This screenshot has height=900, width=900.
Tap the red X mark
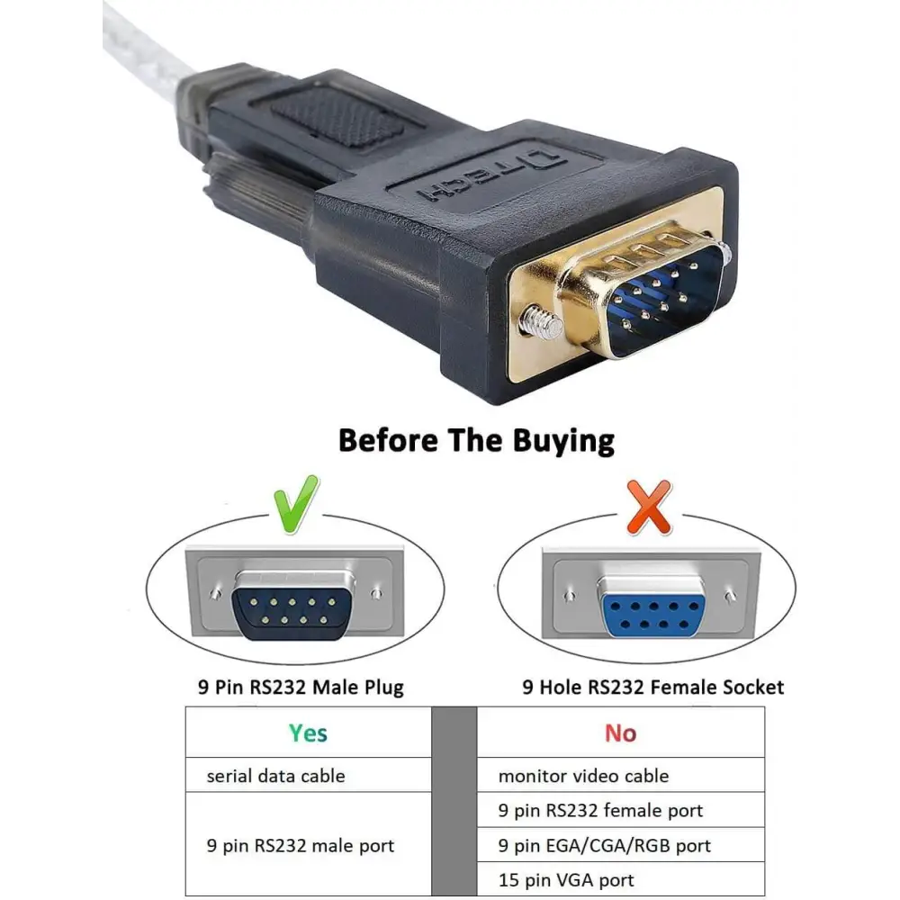tap(649, 508)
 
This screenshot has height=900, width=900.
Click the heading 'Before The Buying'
tap(476, 441)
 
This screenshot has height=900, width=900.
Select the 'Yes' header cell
tap(308, 733)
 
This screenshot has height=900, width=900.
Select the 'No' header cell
tap(620, 733)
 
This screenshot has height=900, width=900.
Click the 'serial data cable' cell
tap(308, 776)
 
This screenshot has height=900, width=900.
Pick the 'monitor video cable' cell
tap(620, 776)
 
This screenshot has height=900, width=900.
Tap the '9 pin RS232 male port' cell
tap(308, 844)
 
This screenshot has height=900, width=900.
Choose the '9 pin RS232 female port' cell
tap(620, 810)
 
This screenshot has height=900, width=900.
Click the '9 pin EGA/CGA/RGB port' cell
tap(620, 845)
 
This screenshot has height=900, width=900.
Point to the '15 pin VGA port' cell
tap(620, 879)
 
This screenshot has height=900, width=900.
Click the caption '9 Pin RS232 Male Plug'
tap(301, 687)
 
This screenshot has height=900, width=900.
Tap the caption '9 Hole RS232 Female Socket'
tap(652, 687)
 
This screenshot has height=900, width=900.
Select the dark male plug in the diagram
tap(292, 612)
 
